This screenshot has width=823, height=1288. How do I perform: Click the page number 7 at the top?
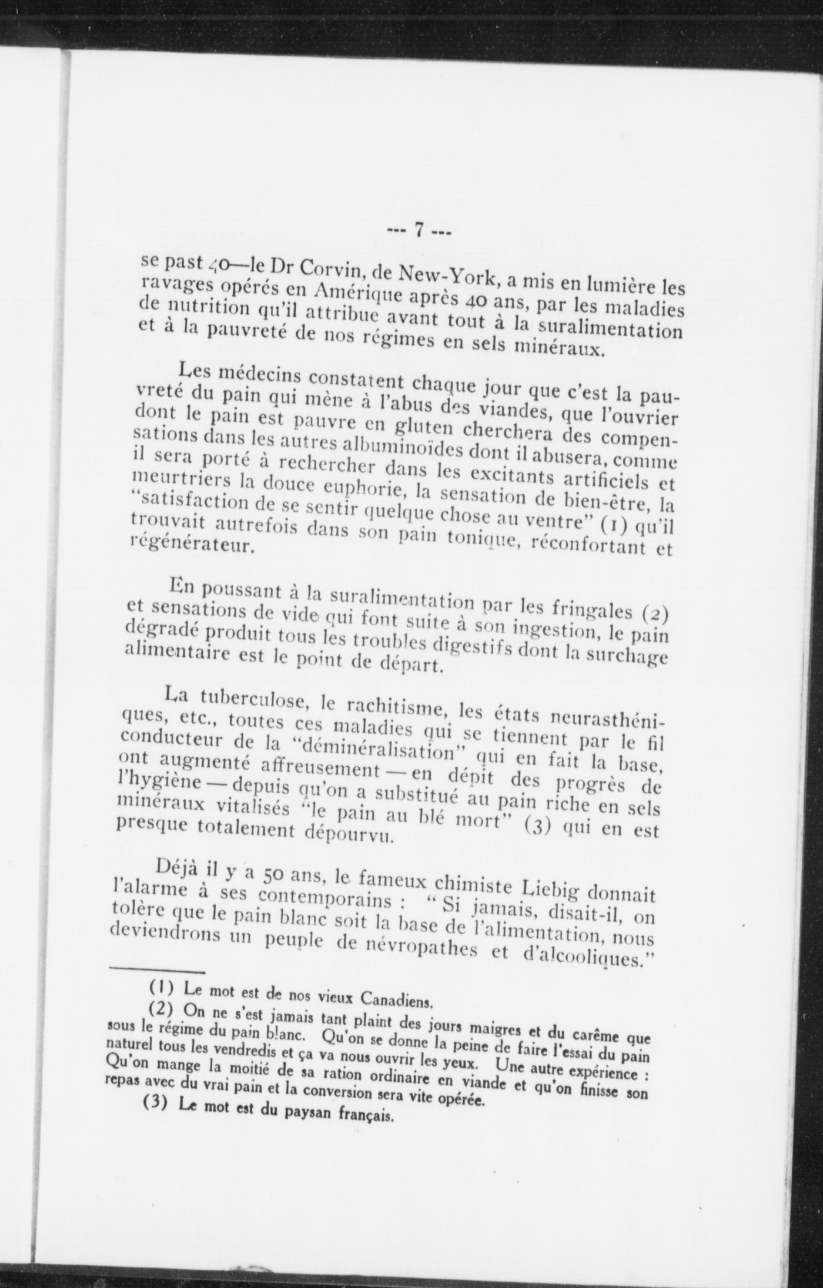coord(420,230)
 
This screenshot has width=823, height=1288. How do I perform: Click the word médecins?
coord(256,376)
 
